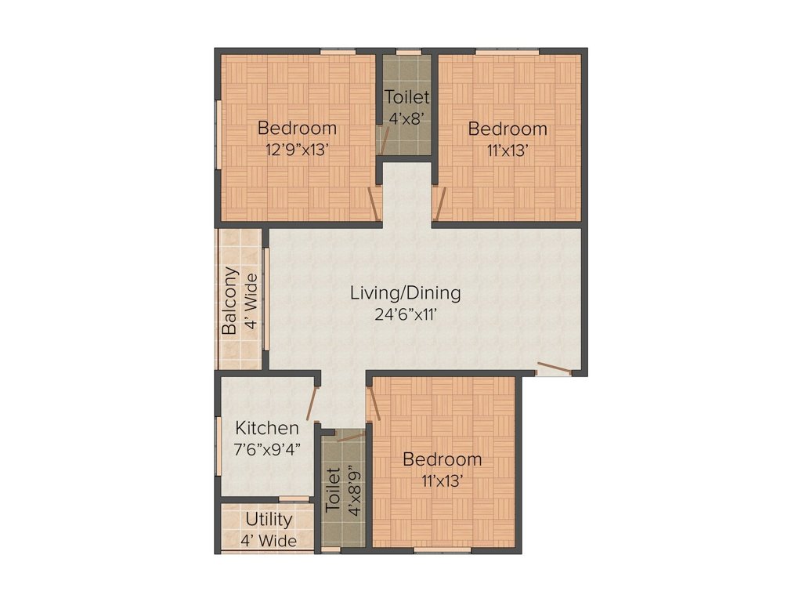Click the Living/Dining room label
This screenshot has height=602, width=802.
(x=405, y=293)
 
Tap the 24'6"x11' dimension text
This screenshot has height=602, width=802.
(x=405, y=315)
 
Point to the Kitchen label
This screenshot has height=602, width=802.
(x=267, y=428)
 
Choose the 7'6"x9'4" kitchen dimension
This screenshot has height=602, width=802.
(x=268, y=449)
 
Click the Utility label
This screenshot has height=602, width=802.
(x=269, y=519)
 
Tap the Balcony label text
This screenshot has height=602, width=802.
(x=229, y=302)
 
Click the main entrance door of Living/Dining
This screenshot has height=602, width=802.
(x=554, y=368)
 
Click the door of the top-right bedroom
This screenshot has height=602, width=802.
(x=440, y=205)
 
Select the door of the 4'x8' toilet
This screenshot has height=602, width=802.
(x=384, y=141)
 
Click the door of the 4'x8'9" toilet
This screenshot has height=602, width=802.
(x=351, y=436)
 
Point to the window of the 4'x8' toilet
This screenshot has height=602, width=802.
(x=408, y=53)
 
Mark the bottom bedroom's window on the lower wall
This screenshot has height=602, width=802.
(x=443, y=550)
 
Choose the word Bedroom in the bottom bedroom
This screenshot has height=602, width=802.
(x=442, y=459)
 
